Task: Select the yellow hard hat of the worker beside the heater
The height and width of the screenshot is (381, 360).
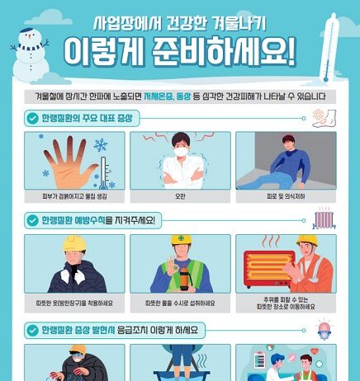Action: tap(306, 241)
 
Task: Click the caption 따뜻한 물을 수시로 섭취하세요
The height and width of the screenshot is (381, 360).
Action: tap(179, 303)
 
